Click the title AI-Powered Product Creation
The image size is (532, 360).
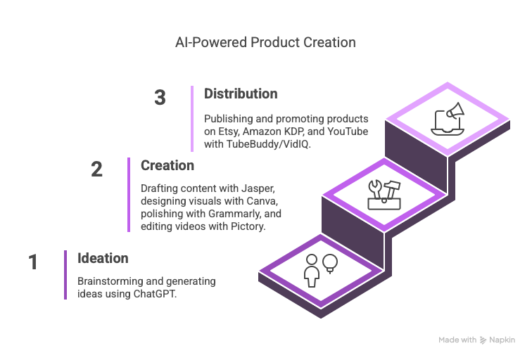pyautogui.click(x=265, y=43)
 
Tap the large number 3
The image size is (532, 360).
pyautogui.click(x=160, y=98)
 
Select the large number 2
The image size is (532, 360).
pyautogui.click(x=96, y=169)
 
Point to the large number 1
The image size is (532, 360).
pyautogui.click(x=33, y=262)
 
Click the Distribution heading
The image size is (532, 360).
pyautogui.click(x=241, y=94)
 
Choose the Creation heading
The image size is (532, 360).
pyautogui.click(x=167, y=165)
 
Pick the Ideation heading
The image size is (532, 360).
pyautogui.click(x=103, y=258)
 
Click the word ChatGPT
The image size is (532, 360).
pyautogui.click(x=155, y=294)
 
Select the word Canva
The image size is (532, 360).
pyautogui.click(x=262, y=201)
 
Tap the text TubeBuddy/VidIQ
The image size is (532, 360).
pyautogui.click(x=268, y=144)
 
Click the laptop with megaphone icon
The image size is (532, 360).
pyautogui.click(x=448, y=119)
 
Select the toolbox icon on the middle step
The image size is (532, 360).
pyautogui.click(x=384, y=195)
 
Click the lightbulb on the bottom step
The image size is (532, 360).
pyautogui.click(x=330, y=264)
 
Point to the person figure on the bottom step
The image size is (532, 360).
pyautogui.click(x=312, y=271)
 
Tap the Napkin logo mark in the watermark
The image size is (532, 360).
pyautogui.click(x=483, y=340)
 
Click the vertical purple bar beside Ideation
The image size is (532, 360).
pyautogui.click(x=65, y=275)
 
